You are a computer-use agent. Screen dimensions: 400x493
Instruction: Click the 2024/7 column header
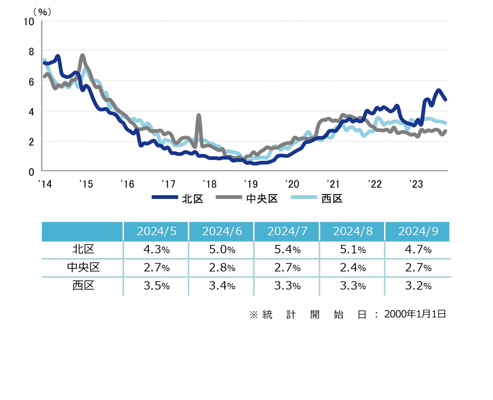(x=287, y=231)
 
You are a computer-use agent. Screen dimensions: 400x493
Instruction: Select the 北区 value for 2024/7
(x=287, y=249)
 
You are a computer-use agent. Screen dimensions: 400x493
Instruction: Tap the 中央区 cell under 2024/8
(x=353, y=268)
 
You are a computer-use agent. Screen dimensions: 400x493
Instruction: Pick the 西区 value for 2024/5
(x=156, y=286)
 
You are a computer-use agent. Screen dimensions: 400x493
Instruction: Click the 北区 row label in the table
(x=83, y=249)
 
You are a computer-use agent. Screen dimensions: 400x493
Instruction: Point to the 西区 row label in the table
(x=83, y=286)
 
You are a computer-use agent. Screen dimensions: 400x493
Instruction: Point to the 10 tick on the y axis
(x=29, y=22)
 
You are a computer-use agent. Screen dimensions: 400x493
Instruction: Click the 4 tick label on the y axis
(x=31, y=112)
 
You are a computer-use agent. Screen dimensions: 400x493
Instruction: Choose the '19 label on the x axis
(x=251, y=184)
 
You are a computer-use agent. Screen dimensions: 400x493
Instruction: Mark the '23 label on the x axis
(x=416, y=184)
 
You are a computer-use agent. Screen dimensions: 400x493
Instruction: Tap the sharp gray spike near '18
(x=199, y=115)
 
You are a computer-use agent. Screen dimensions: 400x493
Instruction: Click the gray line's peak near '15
(x=82, y=55)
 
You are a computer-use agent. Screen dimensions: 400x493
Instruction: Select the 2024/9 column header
(x=418, y=231)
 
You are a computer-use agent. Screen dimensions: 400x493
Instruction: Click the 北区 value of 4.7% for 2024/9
(x=418, y=249)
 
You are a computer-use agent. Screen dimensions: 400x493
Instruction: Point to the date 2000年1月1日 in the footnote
(x=415, y=314)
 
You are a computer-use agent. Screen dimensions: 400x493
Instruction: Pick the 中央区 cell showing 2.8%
(x=222, y=268)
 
